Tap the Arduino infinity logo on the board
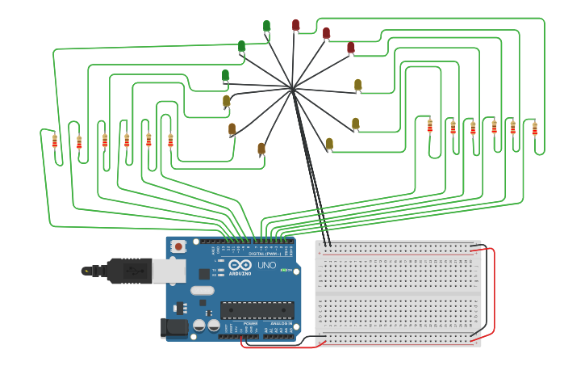[240, 266]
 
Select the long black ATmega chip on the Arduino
[257, 309]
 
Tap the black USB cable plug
[129, 271]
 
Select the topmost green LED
[266, 26]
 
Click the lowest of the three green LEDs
[225, 75]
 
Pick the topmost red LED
[295, 25]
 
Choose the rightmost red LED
[350, 48]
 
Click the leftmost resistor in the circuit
[55, 141]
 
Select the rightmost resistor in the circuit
[534, 128]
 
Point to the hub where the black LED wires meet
[292, 88]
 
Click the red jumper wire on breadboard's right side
[491, 291]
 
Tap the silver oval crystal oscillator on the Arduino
[203, 290]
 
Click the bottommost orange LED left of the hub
[261, 149]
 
